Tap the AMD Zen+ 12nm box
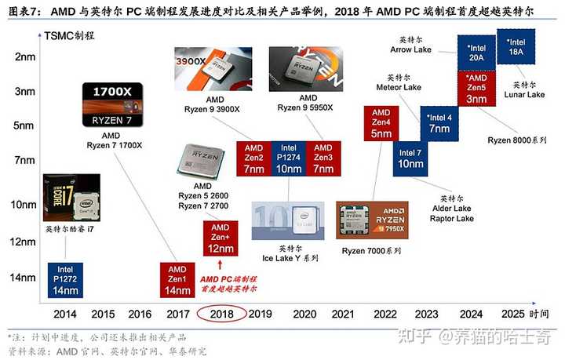click(219, 238)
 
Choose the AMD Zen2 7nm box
click(253, 158)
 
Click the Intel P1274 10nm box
click(288, 158)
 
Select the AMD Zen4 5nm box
click(381, 123)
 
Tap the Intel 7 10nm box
click(410, 158)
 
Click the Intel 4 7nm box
click(439, 123)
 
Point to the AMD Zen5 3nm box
click(476, 89)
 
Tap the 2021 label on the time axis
click(343, 314)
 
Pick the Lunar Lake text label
click(525, 96)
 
